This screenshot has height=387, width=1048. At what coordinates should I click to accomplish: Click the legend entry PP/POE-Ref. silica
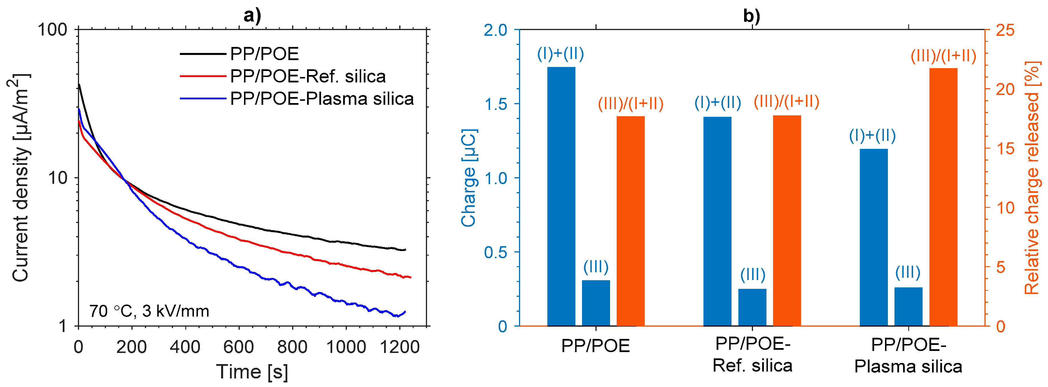[x=308, y=76]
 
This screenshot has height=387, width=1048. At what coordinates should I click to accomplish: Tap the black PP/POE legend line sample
[x=202, y=54]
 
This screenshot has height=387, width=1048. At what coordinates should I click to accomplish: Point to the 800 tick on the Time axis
[x=292, y=347]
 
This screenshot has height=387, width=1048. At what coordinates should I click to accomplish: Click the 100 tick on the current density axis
[x=52, y=30]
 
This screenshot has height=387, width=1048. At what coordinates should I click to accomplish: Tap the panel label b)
[x=752, y=15]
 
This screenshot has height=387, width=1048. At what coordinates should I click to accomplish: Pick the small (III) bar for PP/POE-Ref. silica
[x=752, y=307]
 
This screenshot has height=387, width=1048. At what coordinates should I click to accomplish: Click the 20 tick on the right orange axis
[x=1005, y=89]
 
